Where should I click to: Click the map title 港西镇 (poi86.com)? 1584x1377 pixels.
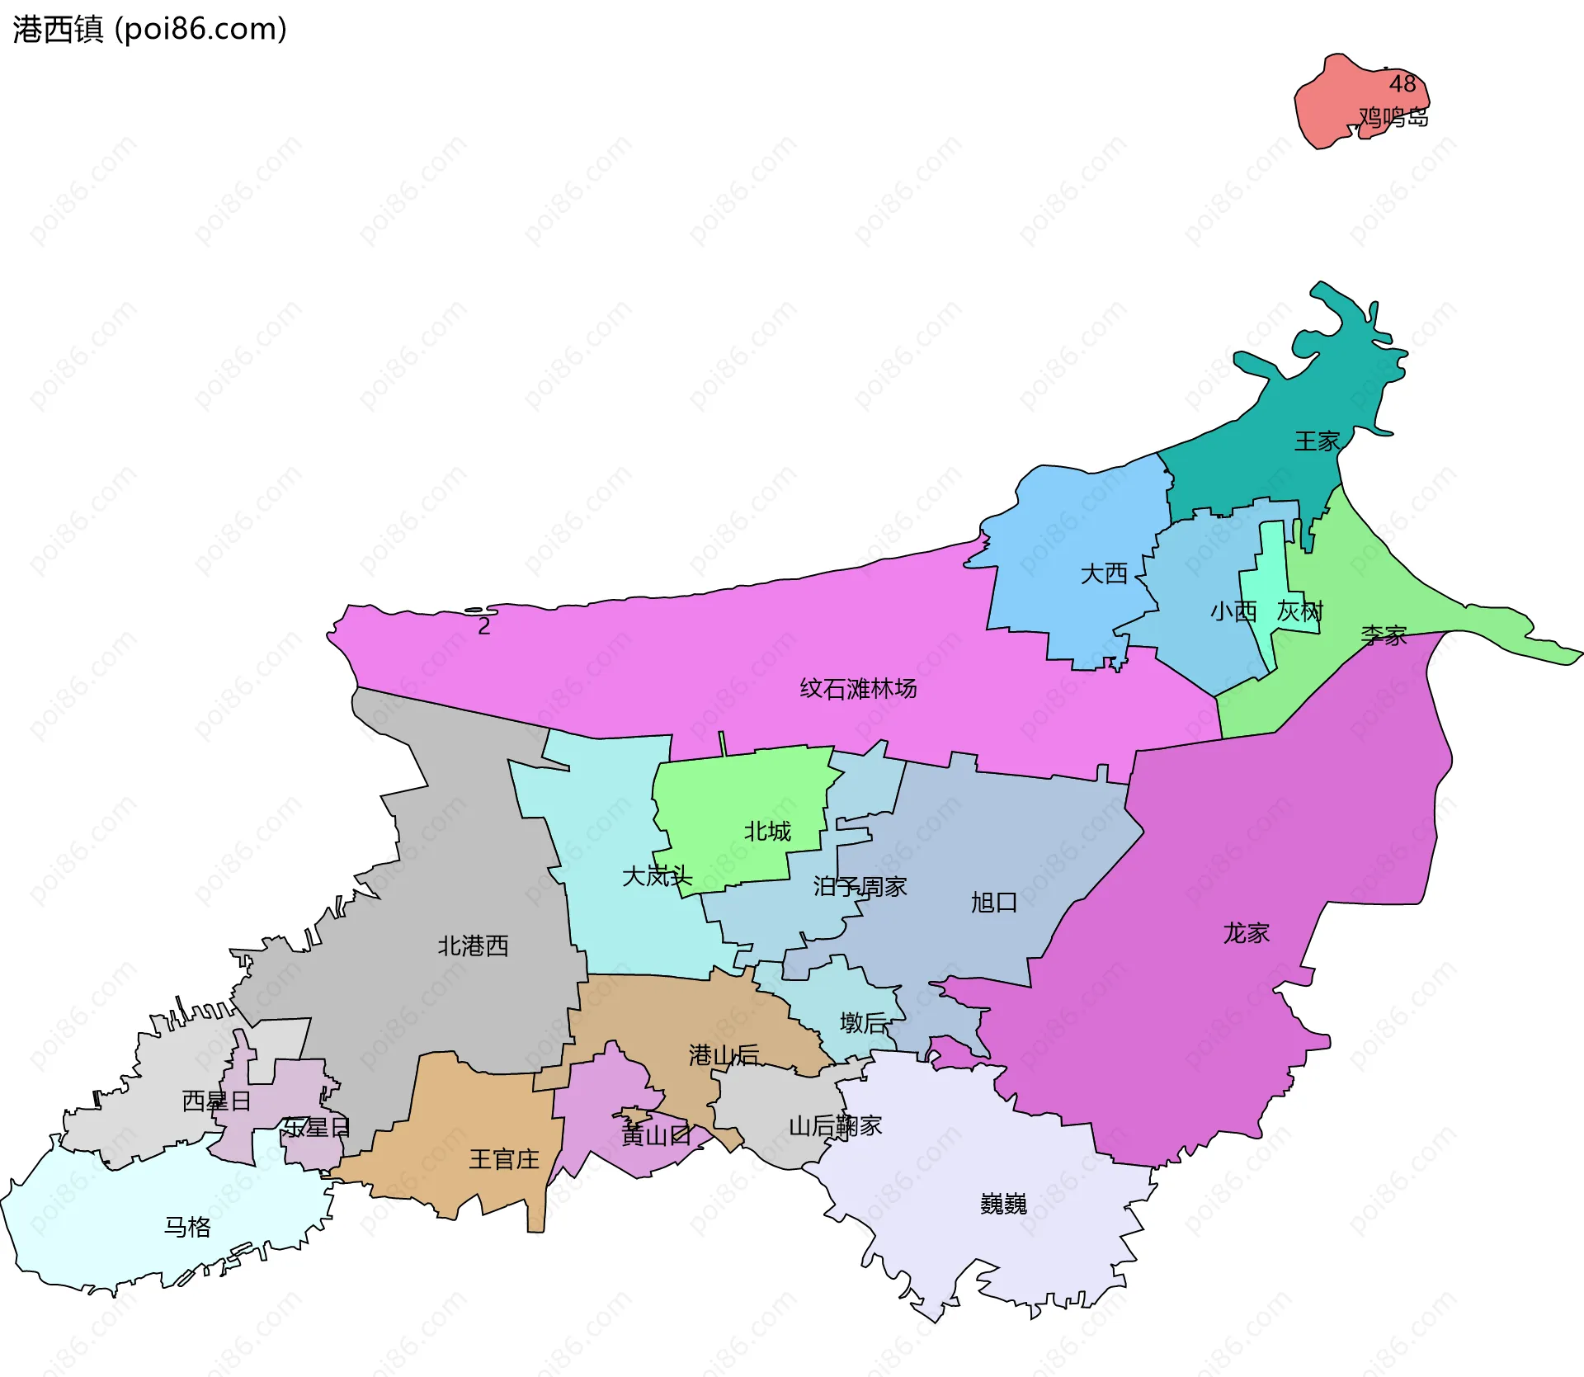click(x=149, y=30)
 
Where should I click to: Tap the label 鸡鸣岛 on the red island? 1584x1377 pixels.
click(x=1393, y=118)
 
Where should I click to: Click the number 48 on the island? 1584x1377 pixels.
click(x=1402, y=83)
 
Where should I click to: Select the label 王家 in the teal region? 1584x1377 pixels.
click(x=1317, y=441)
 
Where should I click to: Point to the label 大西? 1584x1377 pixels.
click(x=1104, y=573)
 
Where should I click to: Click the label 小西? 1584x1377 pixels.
click(x=1233, y=611)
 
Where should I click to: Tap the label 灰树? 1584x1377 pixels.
click(x=1300, y=611)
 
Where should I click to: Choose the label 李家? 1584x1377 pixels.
click(x=1384, y=635)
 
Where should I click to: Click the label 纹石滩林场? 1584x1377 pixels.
click(x=858, y=688)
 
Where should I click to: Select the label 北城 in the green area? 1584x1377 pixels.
click(x=767, y=831)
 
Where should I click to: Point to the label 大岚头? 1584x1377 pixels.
click(x=657, y=875)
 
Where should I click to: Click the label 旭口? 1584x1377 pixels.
click(x=993, y=903)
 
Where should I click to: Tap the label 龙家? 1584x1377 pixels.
click(x=1246, y=933)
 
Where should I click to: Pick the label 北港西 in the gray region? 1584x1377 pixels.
click(x=473, y=946)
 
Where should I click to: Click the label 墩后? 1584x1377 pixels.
click(x=864, y=1023)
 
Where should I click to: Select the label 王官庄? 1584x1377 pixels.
click(x=504, y=1159)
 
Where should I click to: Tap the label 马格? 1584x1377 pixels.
click(x=187, y=1227)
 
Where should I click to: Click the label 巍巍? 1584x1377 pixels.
click(x=1003, y=1205)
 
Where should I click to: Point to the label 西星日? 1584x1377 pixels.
click(x=216, y=1101)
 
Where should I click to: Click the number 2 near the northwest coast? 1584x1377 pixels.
click(x=484, y=627)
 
